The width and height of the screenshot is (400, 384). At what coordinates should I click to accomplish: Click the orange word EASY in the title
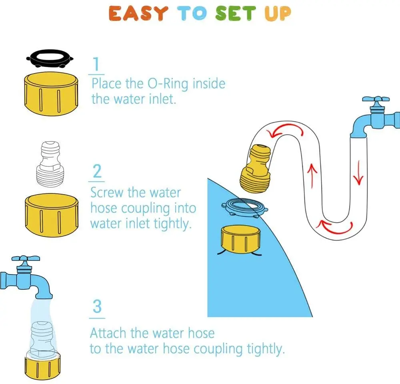click(138, 13)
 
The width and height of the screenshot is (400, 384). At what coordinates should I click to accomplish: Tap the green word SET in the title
click(236, 13)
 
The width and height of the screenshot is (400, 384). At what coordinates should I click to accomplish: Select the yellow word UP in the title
click(278, 13)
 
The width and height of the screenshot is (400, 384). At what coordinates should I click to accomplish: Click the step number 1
click(96, 64)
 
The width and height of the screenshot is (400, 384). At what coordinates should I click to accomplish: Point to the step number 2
click(97, 171)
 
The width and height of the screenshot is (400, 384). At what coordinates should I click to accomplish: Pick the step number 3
click(97, 306)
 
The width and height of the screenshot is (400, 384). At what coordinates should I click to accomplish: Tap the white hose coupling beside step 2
click(50, 164)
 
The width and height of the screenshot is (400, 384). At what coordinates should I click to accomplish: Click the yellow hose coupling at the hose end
click(255, 169)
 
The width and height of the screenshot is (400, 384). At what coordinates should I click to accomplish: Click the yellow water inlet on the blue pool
click(240, 239)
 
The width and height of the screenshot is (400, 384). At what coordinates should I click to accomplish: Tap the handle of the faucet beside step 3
click(26, 259)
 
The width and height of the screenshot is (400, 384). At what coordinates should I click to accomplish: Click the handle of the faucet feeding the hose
click(376, 99)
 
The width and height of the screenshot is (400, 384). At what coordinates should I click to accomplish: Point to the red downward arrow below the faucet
click(359, 173)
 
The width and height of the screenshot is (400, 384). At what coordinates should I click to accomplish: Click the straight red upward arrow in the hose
click(312, 175)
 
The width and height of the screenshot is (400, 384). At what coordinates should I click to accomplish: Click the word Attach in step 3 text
click(108, 333)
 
